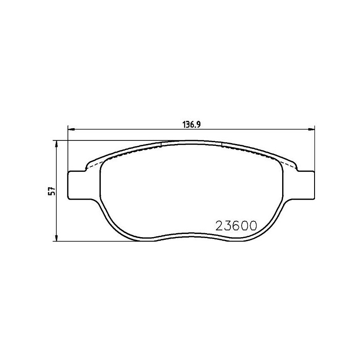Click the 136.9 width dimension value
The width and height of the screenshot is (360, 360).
191,125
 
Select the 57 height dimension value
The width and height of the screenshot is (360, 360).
52,191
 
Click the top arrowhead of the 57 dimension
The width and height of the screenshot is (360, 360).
56,144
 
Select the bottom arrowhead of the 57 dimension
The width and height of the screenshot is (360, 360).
56,238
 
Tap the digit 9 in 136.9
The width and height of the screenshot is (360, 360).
197,125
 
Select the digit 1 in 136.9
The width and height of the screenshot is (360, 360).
183,125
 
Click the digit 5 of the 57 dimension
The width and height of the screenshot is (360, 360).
52,193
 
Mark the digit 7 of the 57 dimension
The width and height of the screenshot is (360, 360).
52,189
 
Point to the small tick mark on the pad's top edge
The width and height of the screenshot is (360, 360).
161,144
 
